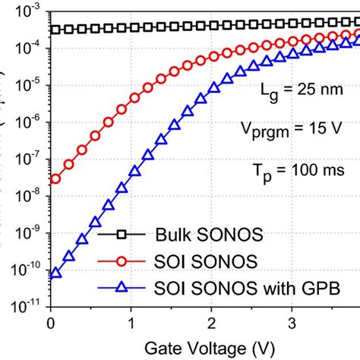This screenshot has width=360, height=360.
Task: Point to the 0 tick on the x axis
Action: pyautogui.click(x=50, y=322)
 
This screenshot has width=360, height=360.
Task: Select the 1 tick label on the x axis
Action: pyautogui.click(x=131, y=322)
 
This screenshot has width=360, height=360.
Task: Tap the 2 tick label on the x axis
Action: pyautogui.click(x=212, y=322)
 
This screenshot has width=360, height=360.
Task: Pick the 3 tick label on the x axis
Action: pyautogui.click(x=293, y=322)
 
